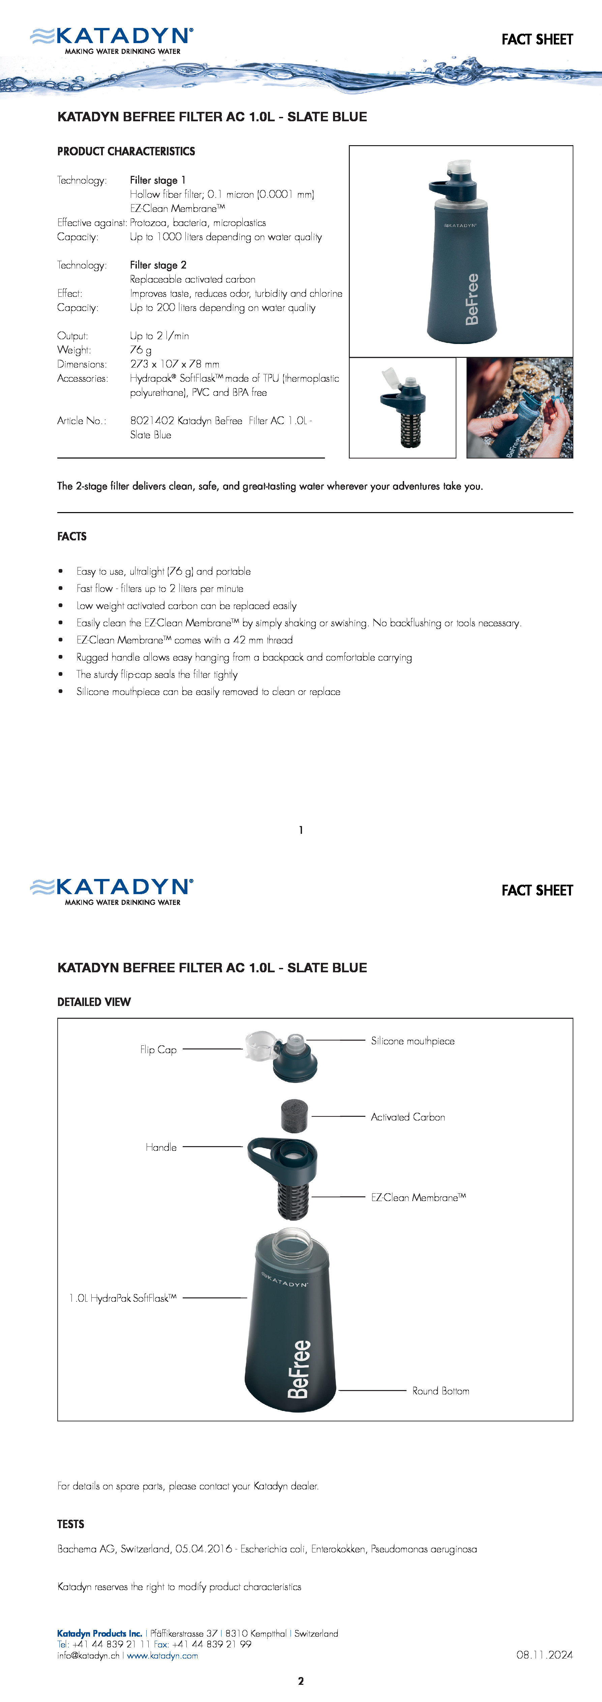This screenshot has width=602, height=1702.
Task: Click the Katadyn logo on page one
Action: coord(112,40)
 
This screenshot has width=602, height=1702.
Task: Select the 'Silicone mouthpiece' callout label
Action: coord(412,1041)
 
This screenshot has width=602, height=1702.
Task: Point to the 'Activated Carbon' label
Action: coord(408,1116)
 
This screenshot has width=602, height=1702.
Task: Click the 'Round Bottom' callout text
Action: coord(441,1391)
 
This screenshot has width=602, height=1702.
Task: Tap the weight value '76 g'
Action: coord(141,349)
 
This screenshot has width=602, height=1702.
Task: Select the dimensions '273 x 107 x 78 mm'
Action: coord(175,364)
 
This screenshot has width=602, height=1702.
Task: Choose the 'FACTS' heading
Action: coord(72,536)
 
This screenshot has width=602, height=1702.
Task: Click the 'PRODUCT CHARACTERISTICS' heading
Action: coord(126,151)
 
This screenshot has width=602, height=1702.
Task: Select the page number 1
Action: coord(301,830)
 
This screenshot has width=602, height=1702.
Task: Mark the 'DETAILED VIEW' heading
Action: coord(94,1002)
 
